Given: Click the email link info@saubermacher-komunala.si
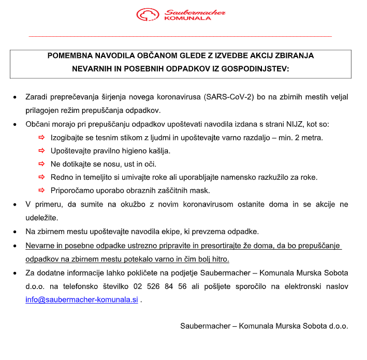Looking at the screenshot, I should (82, 299).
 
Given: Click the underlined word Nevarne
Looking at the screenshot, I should (40, 246).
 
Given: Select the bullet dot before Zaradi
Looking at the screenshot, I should (14, 97).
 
